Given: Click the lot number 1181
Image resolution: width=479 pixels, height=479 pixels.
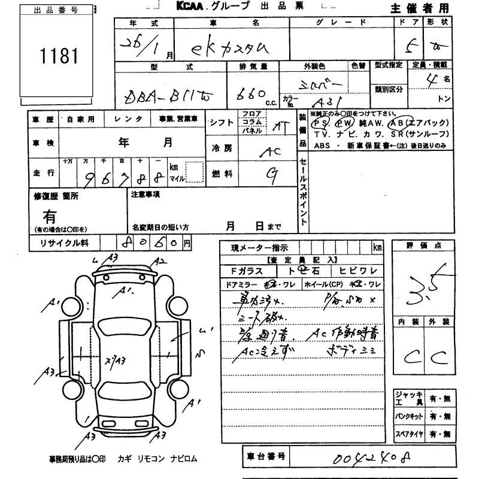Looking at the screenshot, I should coord(59,56).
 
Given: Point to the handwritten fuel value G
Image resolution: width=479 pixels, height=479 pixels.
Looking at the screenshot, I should coord(271,173).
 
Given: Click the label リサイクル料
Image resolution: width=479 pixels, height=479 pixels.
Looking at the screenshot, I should coord(63,243).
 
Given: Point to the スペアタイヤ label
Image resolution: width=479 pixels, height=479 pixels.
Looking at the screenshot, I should coord(409,433).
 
